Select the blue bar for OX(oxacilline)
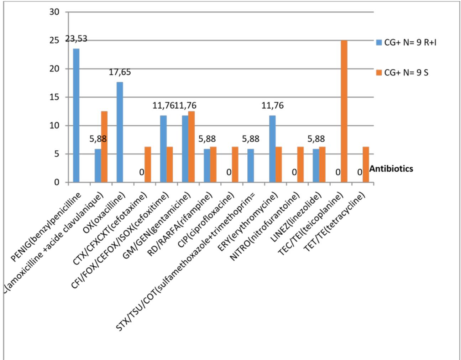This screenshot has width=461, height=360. click(120, 132)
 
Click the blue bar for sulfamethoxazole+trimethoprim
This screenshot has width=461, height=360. click(251, 166)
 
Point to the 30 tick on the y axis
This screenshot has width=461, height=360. click(54, 12)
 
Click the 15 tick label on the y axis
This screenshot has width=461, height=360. click(54, 97)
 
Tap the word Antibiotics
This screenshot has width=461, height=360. click(392, 168)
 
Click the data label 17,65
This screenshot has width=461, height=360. click(120, 72)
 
